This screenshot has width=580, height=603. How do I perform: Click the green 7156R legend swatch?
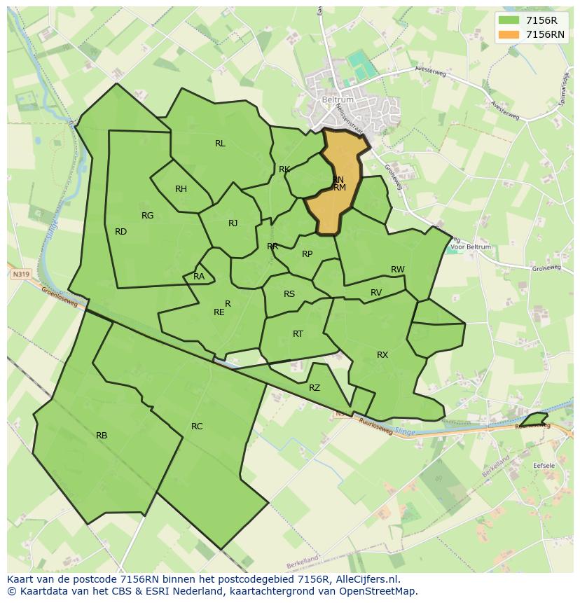[x=509, y=20]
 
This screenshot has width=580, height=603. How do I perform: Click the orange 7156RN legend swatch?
[x=509, y=34]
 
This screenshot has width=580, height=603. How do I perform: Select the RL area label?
[x=220, y=144]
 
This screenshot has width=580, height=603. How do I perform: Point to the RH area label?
[x=181, y=189]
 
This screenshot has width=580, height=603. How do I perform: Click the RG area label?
[x=147, y=216]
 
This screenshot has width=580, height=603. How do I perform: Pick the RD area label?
[x=120, y=232]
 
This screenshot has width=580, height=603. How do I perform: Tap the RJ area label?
[x=233, y=223]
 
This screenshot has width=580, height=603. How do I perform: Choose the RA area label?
[x=199, y=277]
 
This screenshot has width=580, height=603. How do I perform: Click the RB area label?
[x=102, y=436]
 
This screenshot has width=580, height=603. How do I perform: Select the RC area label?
[x=197, y=427]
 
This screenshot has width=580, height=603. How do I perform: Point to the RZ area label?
[x=315, y=388]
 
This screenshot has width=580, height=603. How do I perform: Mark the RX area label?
[x=382, y=355]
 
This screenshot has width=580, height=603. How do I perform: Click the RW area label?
[x=398, y=270]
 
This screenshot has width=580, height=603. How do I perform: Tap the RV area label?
[x=376, y=293]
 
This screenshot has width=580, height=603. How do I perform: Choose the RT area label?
[x=298, y=334]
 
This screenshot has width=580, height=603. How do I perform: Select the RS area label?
[x=289, y=294]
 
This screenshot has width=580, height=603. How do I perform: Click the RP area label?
[x=307, y=254]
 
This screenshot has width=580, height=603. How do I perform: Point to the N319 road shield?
[x=21, y=275]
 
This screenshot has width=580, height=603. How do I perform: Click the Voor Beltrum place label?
[x=470, y=247]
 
